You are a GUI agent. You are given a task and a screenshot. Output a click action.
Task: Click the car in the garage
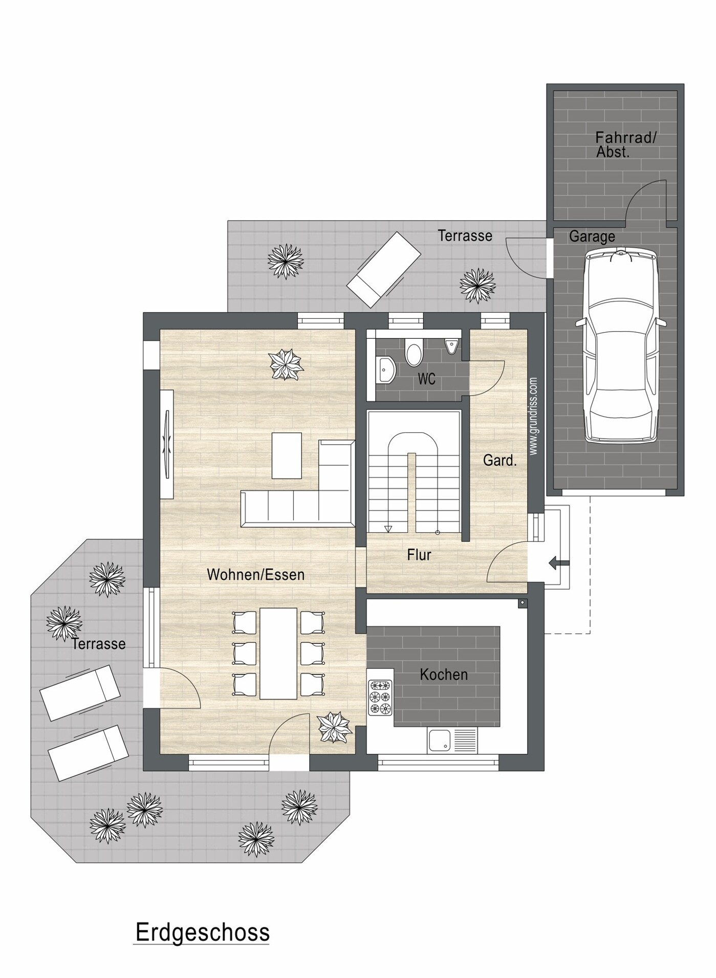point(621,345)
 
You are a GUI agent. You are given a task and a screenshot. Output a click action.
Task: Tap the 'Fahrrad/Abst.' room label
point(625,145)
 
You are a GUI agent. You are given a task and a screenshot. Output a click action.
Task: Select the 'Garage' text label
point(592,236)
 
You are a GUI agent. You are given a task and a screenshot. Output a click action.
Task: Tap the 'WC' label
point(427,379)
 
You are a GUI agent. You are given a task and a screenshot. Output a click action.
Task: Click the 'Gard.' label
point(500,460)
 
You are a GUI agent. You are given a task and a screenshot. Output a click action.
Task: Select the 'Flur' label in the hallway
point(419,555)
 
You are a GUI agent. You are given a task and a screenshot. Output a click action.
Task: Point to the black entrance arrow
point(559,563)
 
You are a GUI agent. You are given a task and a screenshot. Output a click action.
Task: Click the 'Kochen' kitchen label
point(444,675)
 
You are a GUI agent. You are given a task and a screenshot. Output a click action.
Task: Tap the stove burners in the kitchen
point(380,697)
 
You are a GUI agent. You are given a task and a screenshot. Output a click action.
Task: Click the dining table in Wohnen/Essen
point(278,653)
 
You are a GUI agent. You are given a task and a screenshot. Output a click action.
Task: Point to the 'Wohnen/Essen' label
point(255,575)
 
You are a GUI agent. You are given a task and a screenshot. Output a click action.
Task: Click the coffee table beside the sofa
point(287,455)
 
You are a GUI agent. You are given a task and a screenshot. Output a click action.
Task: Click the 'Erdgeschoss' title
point(202,932)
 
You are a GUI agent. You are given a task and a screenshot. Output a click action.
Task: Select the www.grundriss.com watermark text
point(533,416)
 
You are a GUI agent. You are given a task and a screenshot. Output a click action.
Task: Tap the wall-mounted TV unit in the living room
point(167,444)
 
